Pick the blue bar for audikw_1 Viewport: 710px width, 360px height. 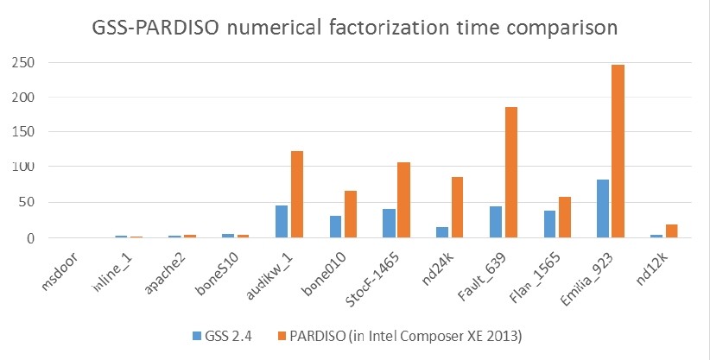[282, 221]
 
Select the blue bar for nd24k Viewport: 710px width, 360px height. [442, 232]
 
